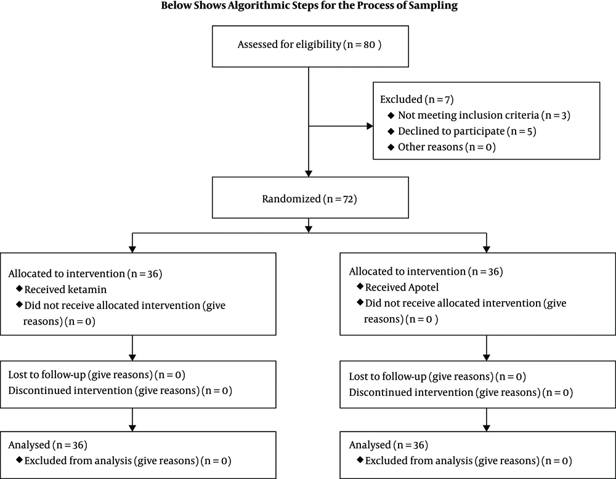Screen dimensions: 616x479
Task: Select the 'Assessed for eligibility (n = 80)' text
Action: [310, 44]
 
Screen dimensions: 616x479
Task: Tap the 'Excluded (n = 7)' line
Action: [417, 99]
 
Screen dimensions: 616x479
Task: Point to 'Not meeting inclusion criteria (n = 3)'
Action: [484, 115]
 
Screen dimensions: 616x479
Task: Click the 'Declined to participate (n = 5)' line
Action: [467, 131]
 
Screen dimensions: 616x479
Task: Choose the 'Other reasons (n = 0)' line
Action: [447, 147]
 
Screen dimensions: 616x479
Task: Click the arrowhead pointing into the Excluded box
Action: [370, 126]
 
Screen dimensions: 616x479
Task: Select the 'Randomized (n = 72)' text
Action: [310, 199]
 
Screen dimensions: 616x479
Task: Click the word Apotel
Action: [423, 288]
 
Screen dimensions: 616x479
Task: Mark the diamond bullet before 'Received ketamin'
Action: [19, 289]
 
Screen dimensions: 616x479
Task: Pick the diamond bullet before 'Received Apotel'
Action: [360, 286]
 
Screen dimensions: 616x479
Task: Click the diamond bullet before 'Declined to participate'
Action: [391, 131]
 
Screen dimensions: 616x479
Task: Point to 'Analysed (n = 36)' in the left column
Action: [48, 445]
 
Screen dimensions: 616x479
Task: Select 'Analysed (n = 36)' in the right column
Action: [389, 445]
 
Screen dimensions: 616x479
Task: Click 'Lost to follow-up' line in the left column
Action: [97, 375]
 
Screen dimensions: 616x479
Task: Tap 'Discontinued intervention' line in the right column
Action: [461, 393]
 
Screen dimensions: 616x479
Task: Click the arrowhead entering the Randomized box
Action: [309, 174]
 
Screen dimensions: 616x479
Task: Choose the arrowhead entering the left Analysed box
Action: [132, 428]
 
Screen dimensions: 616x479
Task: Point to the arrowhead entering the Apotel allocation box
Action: [487, 249]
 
